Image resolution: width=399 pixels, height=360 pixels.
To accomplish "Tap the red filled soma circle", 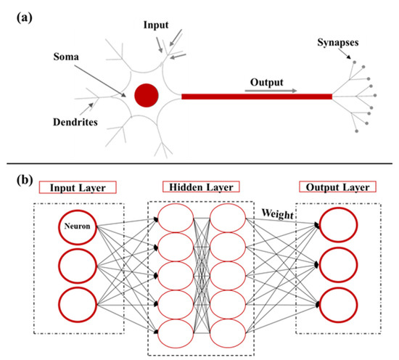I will coord(146,95).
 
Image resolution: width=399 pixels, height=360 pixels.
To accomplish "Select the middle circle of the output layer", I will coord(338,266).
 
